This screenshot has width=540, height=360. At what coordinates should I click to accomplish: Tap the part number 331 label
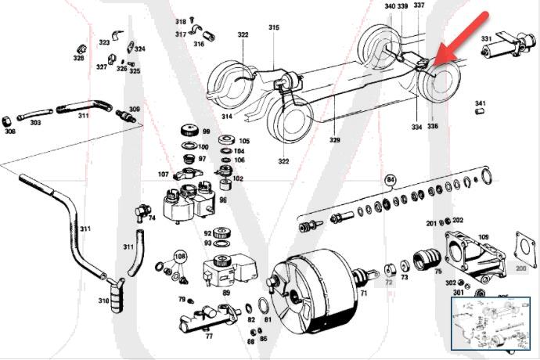point(487,38)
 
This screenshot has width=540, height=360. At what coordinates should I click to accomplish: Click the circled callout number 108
point(181,255)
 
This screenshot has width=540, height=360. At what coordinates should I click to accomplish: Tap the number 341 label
point(481,103)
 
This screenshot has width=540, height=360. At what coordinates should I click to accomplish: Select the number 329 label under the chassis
point(335,141)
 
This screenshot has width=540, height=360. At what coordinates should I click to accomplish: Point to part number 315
point(274,27)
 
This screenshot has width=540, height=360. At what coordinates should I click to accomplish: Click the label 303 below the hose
point(35,123)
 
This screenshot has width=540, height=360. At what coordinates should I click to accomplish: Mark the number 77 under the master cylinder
point(209,337)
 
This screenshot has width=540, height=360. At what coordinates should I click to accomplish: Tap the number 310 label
point(103,301)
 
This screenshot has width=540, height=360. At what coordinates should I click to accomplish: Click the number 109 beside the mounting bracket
point(484,236)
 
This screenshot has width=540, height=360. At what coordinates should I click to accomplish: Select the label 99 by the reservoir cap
point(207,131)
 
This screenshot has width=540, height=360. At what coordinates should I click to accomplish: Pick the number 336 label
point(433,125)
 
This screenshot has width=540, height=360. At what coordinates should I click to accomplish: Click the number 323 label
point(104,42)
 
